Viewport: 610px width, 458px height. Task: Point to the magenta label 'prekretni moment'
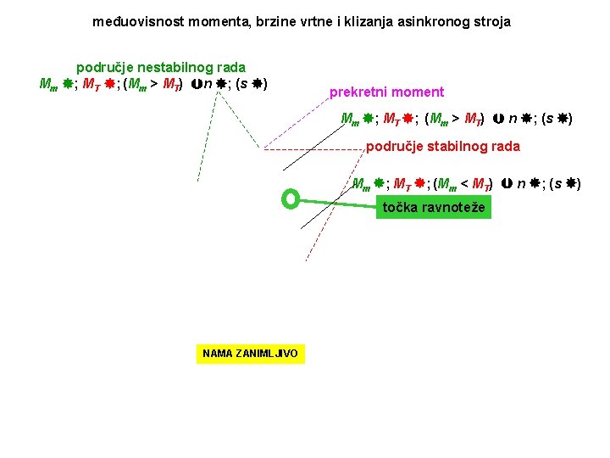tap(386, 92)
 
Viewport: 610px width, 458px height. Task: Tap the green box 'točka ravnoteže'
tap(434, 207)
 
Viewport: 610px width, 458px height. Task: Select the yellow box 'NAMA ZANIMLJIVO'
tap(250, 353)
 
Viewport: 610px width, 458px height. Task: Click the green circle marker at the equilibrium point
tap(291, 199)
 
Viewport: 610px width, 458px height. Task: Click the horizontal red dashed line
tap(313, 149)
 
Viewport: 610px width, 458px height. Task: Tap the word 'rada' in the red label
tap(505, 146)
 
